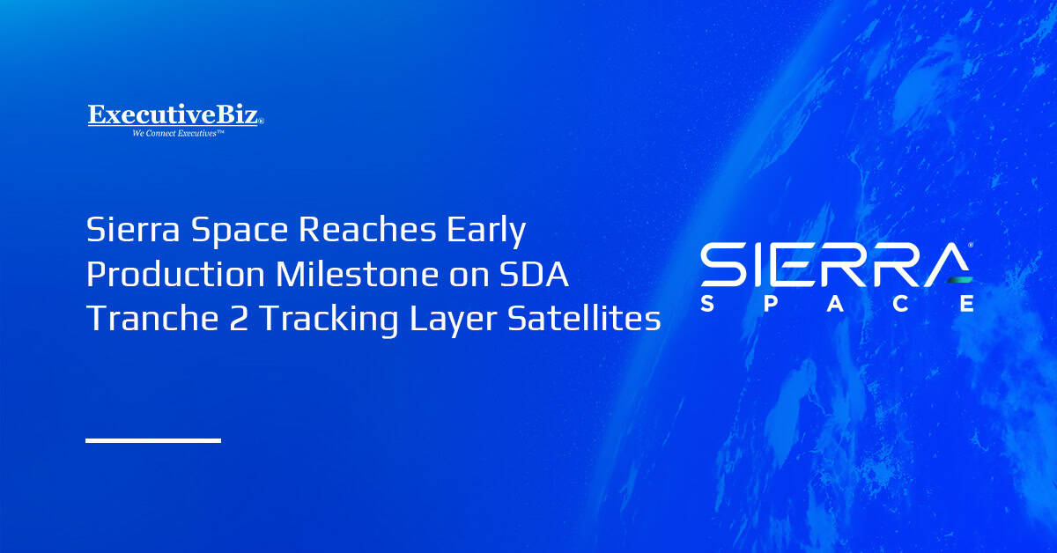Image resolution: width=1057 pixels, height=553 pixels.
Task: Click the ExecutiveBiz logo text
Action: tap(174, 115)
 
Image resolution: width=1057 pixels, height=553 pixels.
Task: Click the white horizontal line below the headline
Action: tap(153, 439)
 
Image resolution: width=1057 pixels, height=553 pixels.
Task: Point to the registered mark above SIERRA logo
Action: tap(971, 246)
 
